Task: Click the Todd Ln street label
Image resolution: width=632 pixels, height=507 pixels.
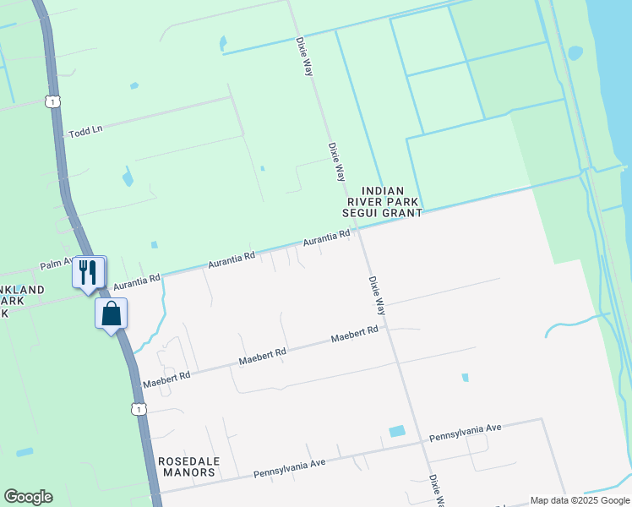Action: [85, 129]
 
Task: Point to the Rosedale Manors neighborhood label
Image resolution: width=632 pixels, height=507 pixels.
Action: [187, 466]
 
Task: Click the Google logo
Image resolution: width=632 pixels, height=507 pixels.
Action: [28, 497]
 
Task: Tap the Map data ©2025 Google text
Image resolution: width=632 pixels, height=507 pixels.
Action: [580, 500]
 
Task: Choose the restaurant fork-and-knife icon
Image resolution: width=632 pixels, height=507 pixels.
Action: [89, 272]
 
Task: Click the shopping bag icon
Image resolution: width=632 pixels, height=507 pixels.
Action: [112, 313]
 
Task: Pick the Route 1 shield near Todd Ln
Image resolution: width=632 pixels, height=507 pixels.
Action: [53, 101]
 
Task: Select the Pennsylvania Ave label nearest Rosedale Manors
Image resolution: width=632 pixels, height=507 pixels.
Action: [290, 468]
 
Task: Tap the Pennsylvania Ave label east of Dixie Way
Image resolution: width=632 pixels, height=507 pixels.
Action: [465, 433]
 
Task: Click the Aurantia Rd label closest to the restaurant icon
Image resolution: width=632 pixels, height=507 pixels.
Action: [136, 279]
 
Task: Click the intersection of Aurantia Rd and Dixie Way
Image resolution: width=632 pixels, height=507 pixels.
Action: [359, 232]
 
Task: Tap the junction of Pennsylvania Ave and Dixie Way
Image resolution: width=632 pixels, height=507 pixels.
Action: [422, 440]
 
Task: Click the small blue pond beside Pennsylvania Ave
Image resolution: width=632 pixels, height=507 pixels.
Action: [396, 431]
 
